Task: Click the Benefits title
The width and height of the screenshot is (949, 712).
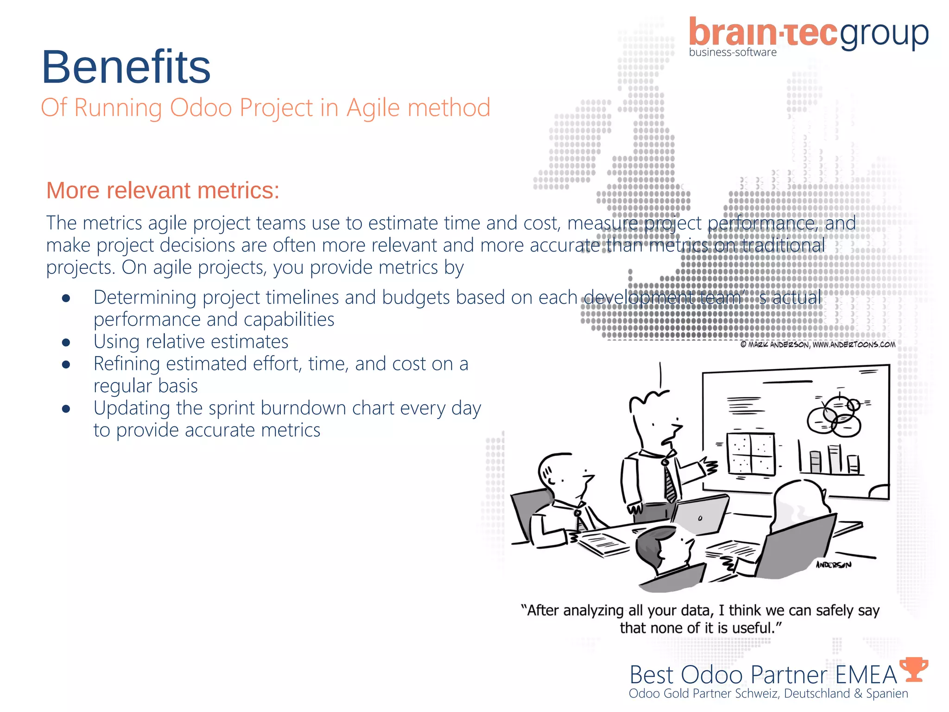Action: pos(126,67)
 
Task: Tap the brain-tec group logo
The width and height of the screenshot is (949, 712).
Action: pos(809,33)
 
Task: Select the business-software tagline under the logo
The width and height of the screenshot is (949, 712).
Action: pos(733,52)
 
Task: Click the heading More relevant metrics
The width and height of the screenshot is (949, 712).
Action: pos(163,191)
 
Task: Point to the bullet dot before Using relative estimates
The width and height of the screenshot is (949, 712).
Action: pos(66,343)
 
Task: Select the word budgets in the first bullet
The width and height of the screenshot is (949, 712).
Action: pos(416,298)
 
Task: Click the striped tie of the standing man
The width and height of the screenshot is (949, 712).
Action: pos(670,482)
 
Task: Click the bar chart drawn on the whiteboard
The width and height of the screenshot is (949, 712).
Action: pos(829,459)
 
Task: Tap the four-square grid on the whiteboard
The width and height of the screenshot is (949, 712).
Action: pos(751,454)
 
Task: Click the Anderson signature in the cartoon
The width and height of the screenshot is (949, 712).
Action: pos(833,565)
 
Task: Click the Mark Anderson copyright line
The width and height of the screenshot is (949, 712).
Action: pos(818,344)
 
